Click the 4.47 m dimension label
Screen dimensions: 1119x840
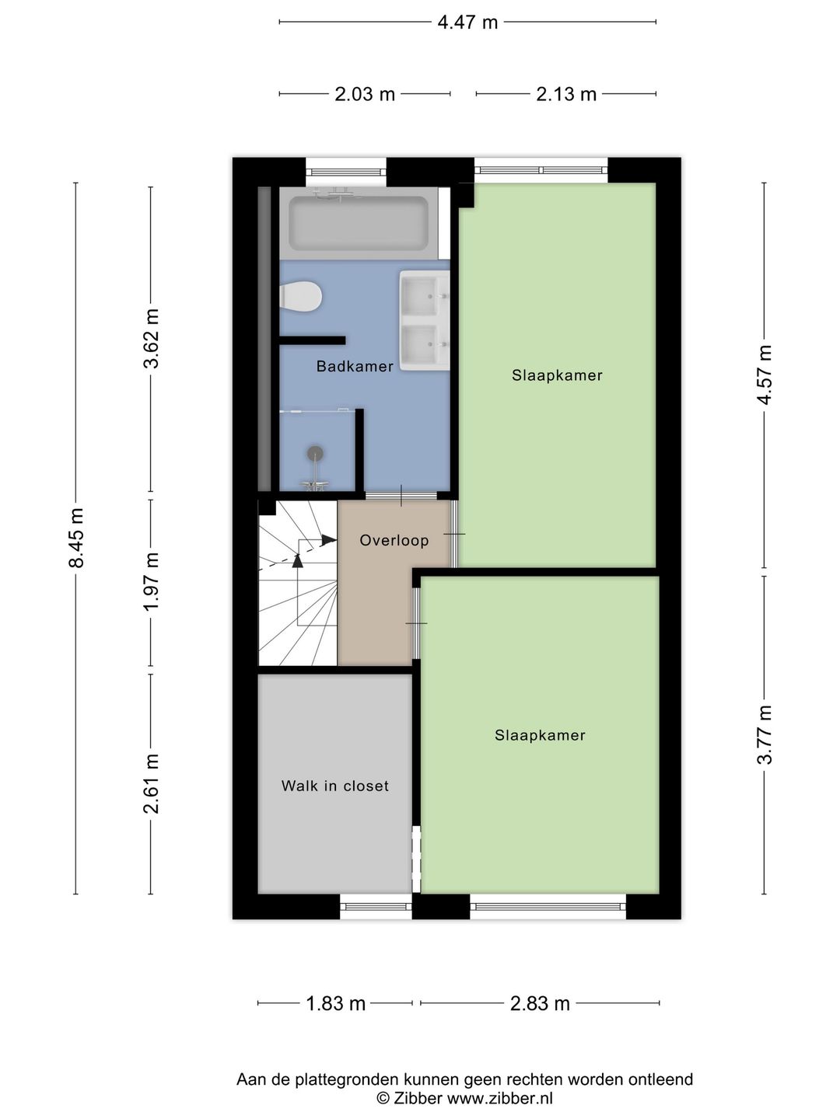tap(467, 23)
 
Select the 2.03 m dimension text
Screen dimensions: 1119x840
tap(365, 95)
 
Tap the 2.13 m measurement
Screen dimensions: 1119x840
tap(566, 95)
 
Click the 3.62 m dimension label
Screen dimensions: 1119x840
tap(152, 339)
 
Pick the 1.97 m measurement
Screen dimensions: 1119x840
tap(152, 581)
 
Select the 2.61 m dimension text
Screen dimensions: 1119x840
tap(152, 783)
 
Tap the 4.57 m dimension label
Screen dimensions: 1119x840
tap(765, 375)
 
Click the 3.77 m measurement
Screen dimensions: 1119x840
tap(765, 734)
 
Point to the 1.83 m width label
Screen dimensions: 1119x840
tap(335, 1004)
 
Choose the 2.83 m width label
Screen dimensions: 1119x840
tap(540, 1004)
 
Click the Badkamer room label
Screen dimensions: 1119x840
tap(355, 367)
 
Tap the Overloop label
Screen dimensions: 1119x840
tap(394, 541)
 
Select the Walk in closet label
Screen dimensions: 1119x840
tap(335, 786)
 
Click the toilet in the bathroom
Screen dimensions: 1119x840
tap(302, 297)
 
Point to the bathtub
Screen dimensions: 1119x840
tap(359, 223)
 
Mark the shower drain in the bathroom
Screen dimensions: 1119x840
tap(315, 453)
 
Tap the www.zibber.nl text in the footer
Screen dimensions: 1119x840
tap(499, 1099)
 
